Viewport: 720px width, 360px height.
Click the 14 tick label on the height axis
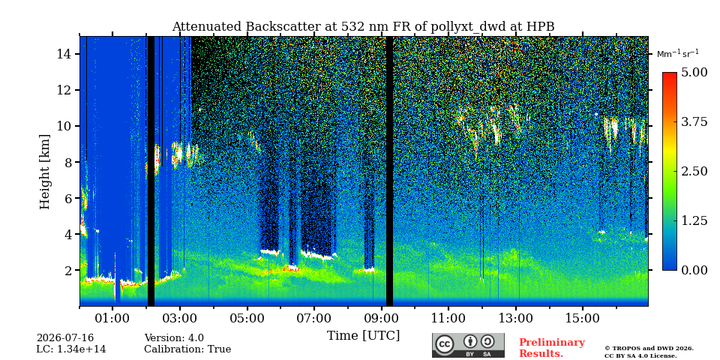(63, 54)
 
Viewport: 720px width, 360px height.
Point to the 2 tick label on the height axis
(67, 271)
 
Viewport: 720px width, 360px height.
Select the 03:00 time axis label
(180, 319)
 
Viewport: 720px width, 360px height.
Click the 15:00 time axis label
(583, 319)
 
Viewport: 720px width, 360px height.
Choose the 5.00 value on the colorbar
(694, 73)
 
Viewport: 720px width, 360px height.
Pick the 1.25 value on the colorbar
(694, 220)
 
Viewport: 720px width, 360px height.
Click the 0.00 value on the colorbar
(694, 270)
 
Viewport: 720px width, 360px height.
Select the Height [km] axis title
(44, 172)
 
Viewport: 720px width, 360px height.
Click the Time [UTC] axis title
(363, 336)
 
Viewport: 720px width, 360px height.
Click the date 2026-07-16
(65, 338)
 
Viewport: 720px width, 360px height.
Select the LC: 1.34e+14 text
(71, 349)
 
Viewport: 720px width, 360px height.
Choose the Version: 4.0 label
(174, 338)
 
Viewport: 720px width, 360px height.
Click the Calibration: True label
(187, 349)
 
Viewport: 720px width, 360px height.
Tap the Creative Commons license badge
(468, 345)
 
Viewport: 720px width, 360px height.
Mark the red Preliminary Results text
(552, 348)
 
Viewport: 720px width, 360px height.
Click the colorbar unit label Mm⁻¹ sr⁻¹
(678, 54)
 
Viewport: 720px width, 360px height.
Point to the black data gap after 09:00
(389, 171)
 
